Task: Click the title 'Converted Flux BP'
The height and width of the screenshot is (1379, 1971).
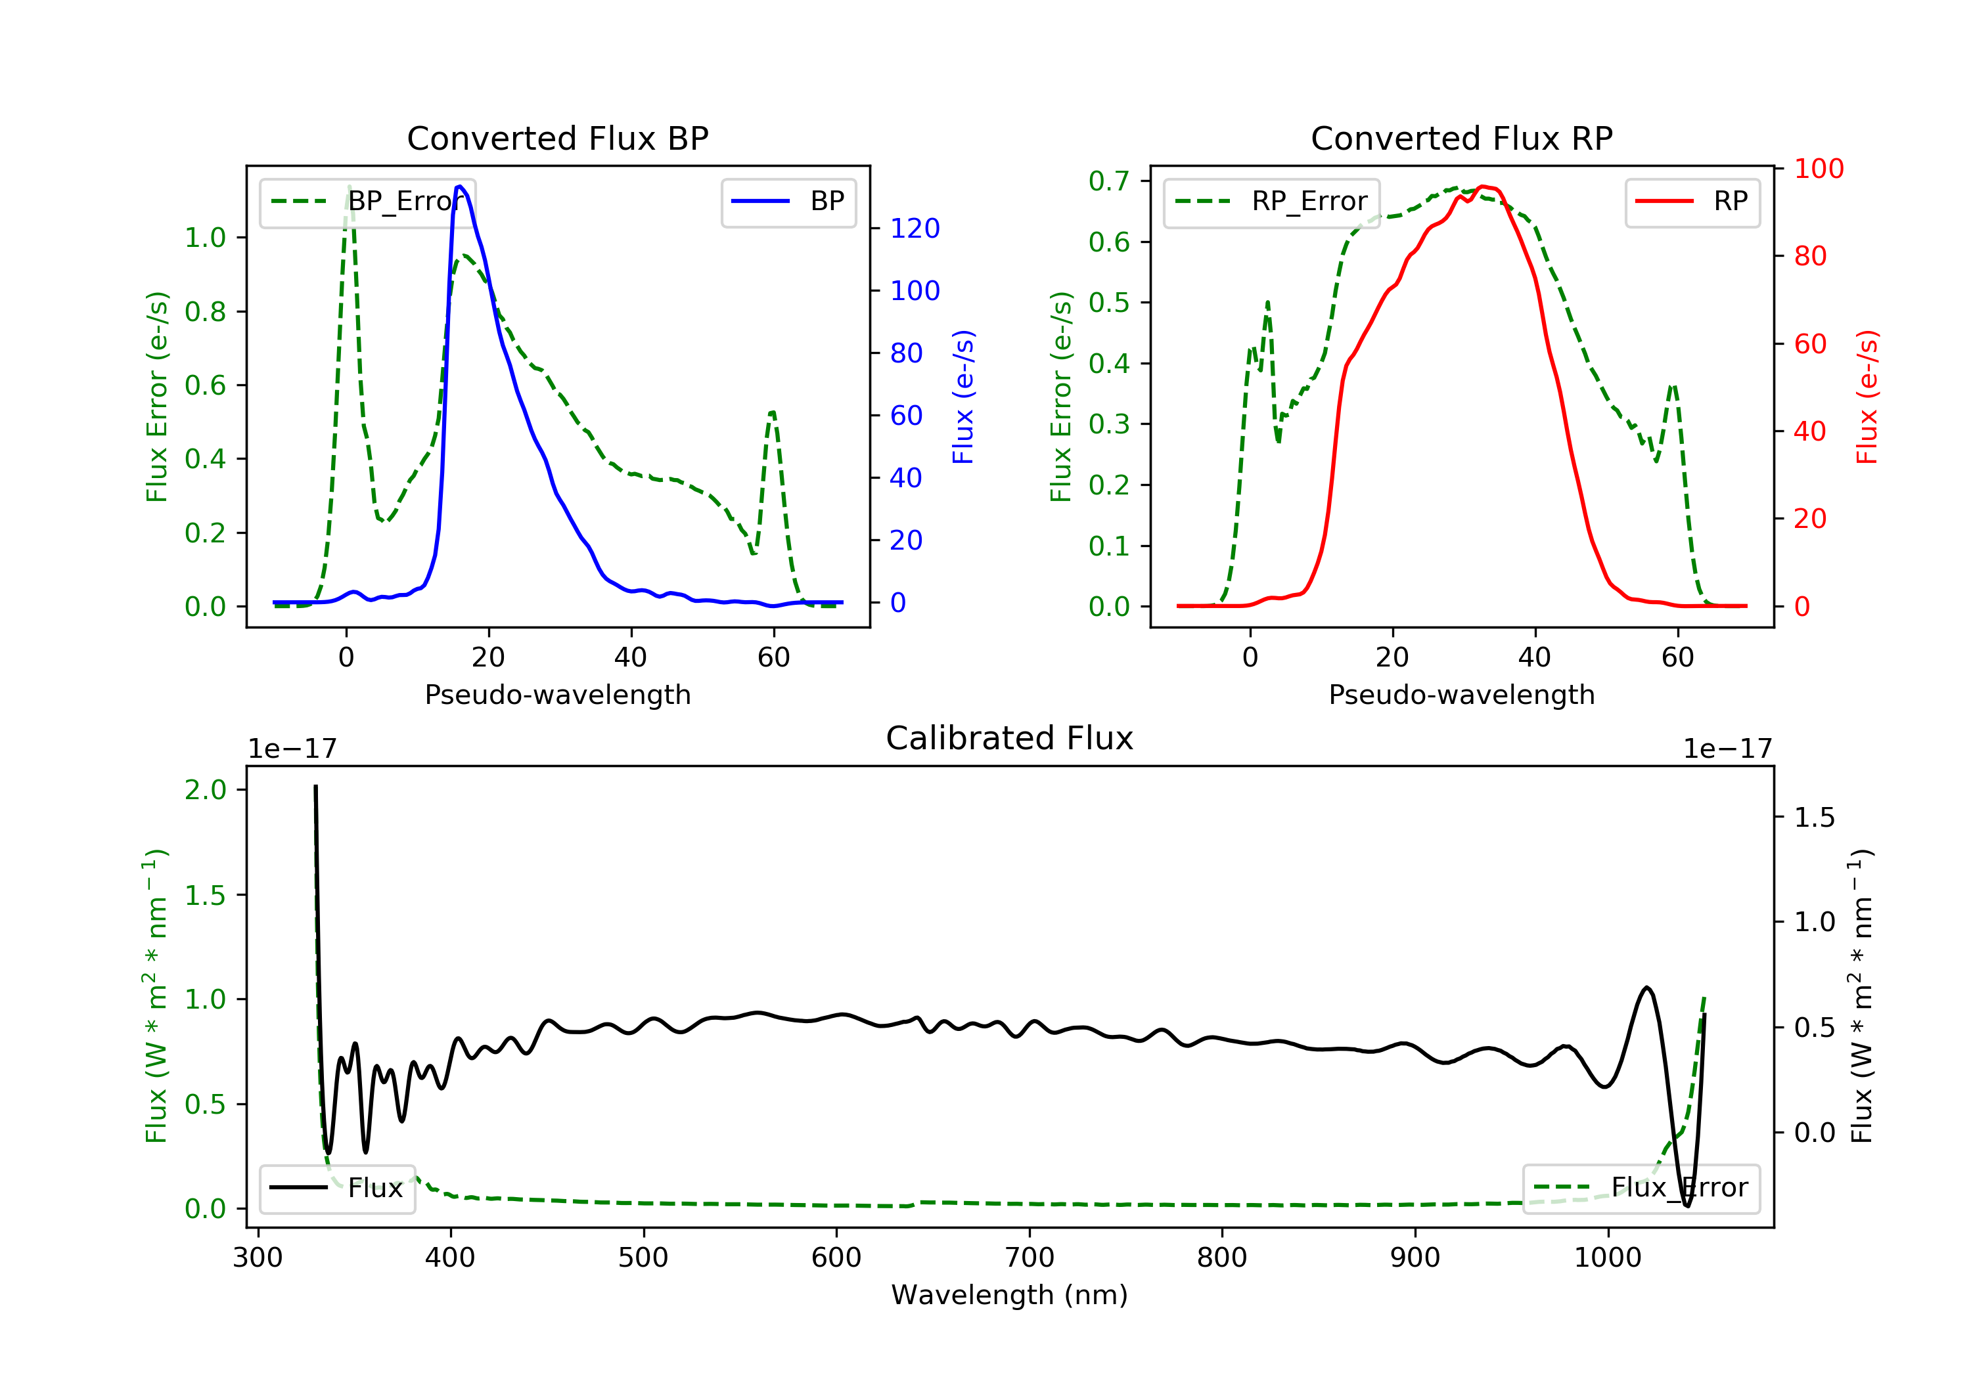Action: pos(557,138)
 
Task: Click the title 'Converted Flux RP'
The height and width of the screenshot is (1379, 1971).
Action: pos(1461,138)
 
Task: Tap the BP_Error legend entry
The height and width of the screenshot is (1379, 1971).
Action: pos(367,202)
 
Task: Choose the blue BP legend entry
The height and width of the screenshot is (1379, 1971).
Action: pos(788,202)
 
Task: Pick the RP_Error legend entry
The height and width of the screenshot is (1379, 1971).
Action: pos(1271,202)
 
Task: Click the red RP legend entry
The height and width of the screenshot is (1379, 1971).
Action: pos(1692,202)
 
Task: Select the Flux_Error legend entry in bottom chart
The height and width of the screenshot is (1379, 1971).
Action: pos(1641,1188)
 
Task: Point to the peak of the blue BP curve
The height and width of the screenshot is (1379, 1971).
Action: pos(460,186)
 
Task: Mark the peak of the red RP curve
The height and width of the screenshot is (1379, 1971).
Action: pos(1483,186)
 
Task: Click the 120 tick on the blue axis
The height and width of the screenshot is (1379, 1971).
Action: pos(915,229)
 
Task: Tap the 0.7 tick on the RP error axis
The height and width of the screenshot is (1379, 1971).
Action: pos(1108,181)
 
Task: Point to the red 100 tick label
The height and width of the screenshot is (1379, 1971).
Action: pos(1818,169)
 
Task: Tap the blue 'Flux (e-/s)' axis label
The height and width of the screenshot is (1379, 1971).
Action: pos(963,397)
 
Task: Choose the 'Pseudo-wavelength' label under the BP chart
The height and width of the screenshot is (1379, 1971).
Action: pos(557,694)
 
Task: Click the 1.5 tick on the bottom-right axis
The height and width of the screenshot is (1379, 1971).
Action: pos(1814,817)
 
